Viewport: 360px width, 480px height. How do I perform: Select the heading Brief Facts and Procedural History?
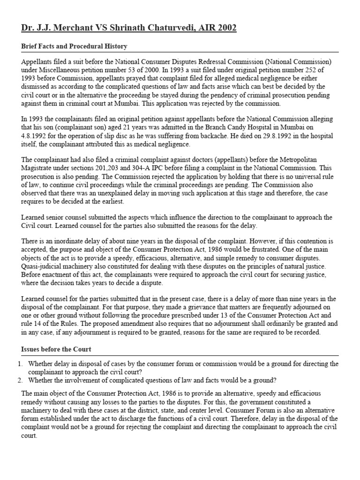click(x=74, y=46)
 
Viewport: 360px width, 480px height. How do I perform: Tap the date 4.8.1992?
click(x=37, y=128)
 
